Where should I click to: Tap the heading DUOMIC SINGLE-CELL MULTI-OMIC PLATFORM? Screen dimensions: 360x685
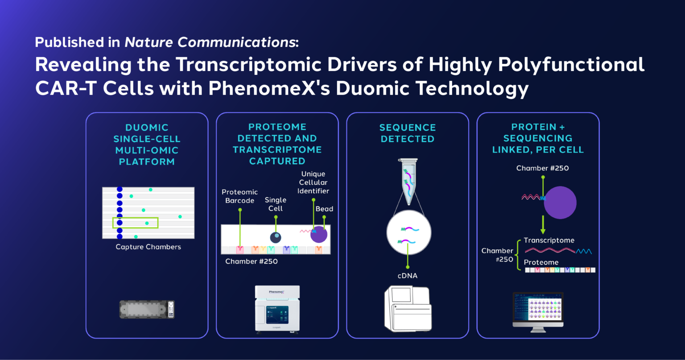tap(147, 145)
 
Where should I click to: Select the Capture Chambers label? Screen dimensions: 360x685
tap(148, 247)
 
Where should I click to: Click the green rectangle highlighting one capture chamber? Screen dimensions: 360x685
tap(135, 223)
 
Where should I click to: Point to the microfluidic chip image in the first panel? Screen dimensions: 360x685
tap(147, 309)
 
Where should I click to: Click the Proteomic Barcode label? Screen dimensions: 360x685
tap(239, 196)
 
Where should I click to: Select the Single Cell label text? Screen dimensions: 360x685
tap(276, 204)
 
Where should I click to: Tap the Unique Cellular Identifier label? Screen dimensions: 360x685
tap(314, 182)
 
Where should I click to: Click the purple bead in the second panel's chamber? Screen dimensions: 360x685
tap(319, 234)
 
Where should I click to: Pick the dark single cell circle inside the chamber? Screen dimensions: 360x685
tap(276, 237)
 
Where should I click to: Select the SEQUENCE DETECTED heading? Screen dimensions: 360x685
tap(407, 133)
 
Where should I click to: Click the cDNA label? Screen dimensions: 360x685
tap(407, 276)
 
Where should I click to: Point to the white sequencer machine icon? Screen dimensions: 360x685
tap(408, 309)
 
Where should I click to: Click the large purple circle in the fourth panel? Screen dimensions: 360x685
tap(560, 202)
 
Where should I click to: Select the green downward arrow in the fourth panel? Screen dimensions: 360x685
tap(543, 225)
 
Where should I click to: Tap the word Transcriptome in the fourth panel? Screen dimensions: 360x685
tap(549, 240)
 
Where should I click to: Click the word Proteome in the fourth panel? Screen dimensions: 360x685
tap(541, 262)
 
